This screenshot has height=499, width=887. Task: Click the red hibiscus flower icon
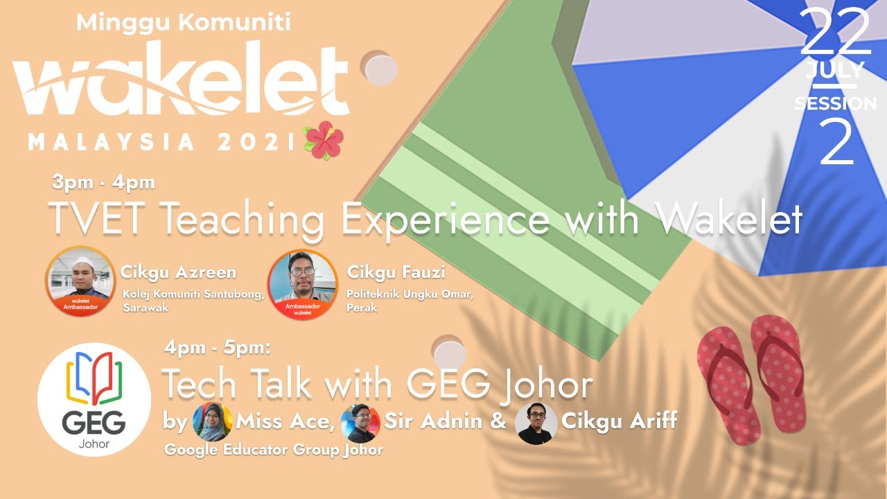(324, 140)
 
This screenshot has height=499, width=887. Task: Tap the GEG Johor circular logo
(94, 399)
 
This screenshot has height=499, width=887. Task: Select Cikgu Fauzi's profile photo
(302, 285)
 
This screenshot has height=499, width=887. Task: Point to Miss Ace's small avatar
(212, 422)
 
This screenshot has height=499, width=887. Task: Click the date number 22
(836, 34)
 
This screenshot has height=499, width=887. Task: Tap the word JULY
(834, 70)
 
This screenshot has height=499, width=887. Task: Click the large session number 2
(836, 143)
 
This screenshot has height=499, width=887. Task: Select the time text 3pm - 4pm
(103, 183)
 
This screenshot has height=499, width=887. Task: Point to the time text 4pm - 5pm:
(217, 347)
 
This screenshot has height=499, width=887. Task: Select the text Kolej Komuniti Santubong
(193, 295)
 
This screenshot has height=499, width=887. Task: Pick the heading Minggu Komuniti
(183, 22)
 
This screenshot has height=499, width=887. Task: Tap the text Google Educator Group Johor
(274, 450)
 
